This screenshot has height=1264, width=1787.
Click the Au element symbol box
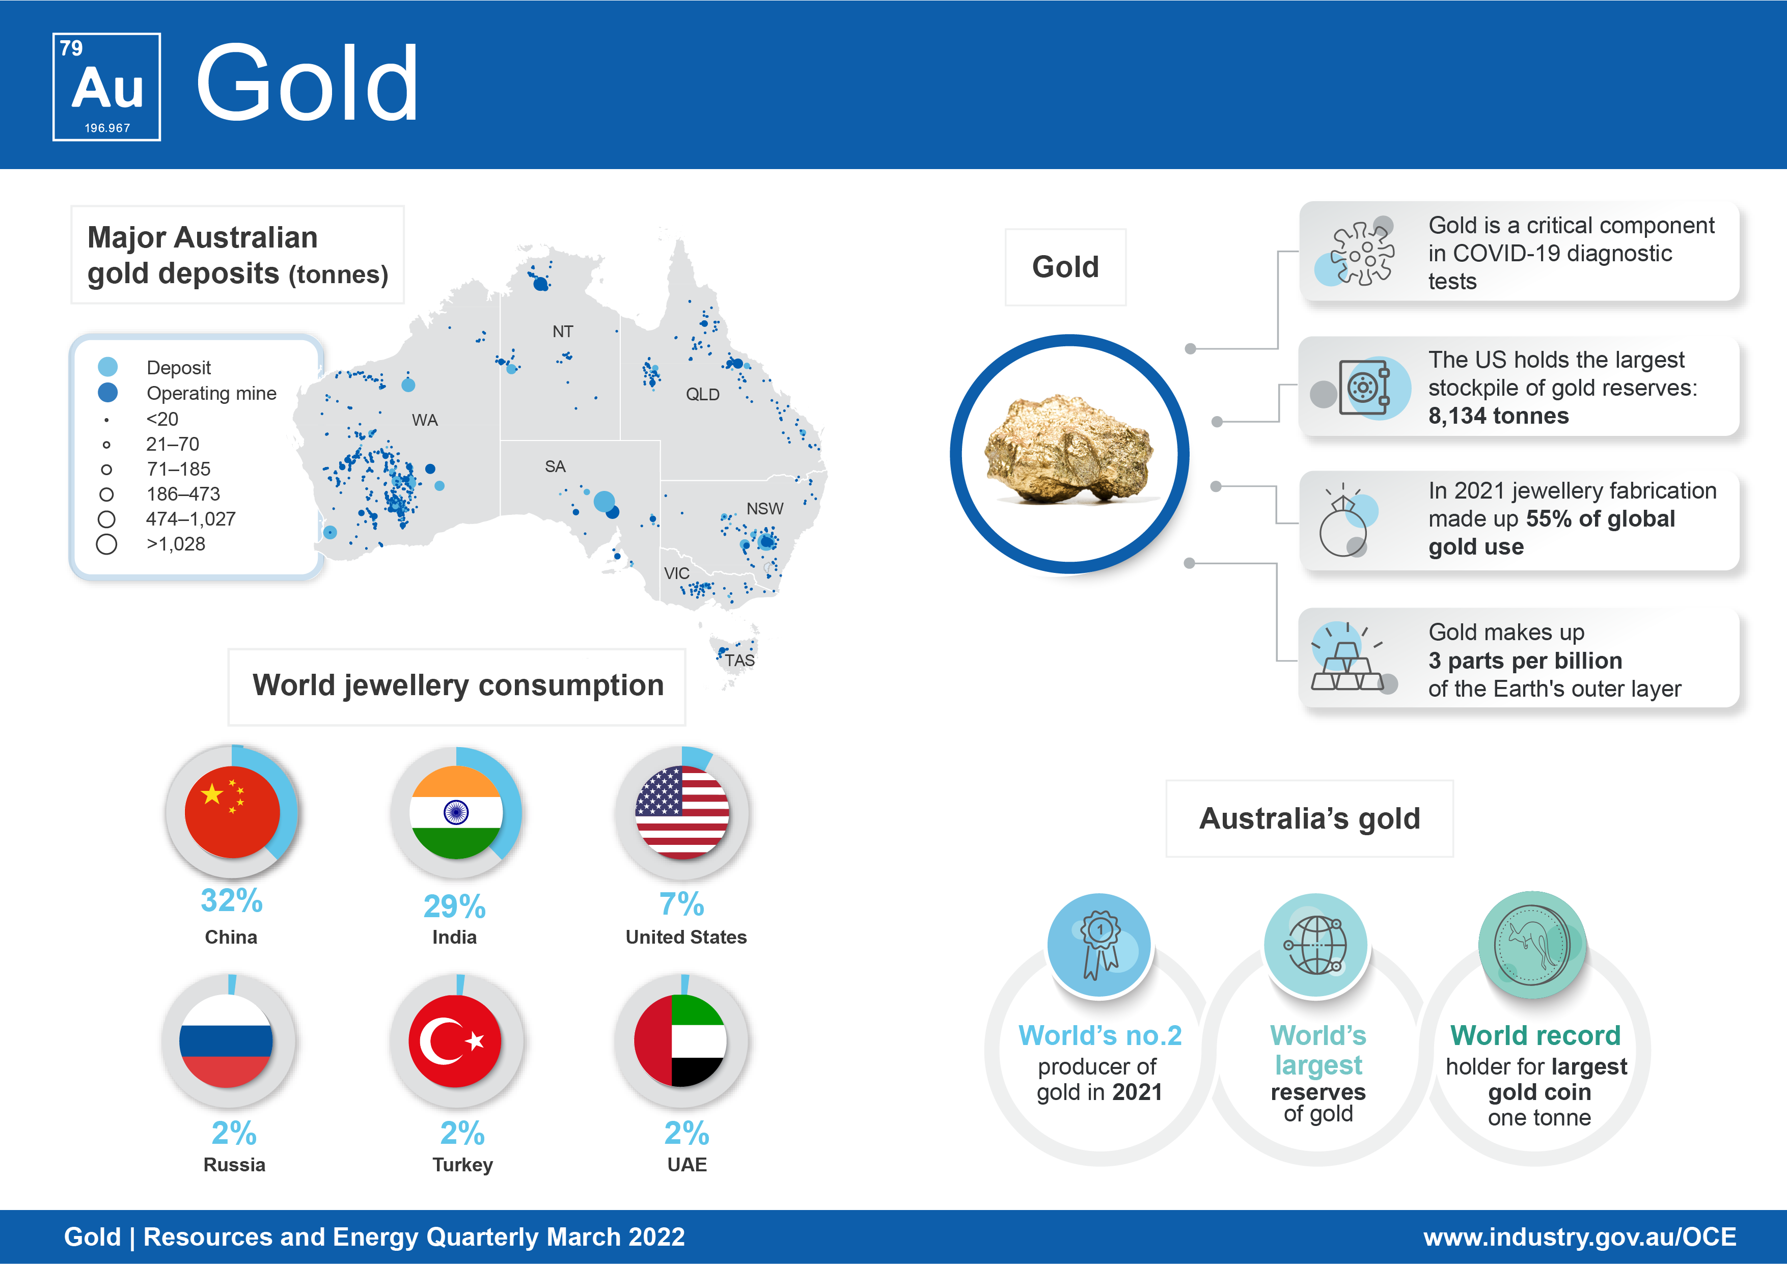coord(106,87)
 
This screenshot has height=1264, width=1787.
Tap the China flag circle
coord(232,812)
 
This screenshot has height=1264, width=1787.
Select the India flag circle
coord(456,812)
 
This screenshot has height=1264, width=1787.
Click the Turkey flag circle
coord(455,1040)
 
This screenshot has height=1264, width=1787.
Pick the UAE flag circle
coord(680,1040)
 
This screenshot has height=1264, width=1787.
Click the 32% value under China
coord(231,900)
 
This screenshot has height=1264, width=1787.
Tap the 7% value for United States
coord(682,904)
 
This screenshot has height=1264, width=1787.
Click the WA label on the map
coord(425,420)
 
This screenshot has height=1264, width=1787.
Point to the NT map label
coord(563,332)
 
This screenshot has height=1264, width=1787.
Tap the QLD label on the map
coord(703,395)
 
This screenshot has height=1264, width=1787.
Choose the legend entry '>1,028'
coord(176,544)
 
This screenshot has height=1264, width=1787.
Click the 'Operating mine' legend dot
coord(108,392)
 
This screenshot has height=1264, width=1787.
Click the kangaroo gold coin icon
coord(1532,945)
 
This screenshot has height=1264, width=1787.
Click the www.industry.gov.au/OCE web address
coord(1580,1237)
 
